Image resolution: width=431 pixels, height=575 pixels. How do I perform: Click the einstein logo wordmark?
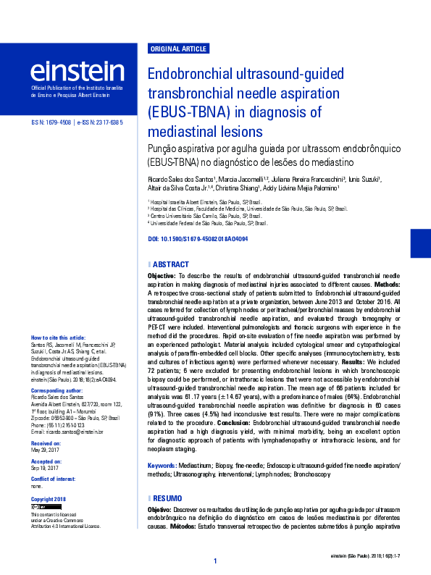(x=77, y=71)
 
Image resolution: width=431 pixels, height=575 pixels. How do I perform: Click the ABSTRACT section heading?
(x=171, y=265)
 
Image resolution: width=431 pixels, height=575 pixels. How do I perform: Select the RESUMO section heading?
(x=167, y=498)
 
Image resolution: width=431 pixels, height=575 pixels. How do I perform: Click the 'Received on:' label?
(x=46, y=442)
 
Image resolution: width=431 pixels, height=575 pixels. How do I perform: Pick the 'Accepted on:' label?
(x=47, y=461)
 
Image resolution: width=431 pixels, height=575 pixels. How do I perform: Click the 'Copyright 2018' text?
(x=48, y=500)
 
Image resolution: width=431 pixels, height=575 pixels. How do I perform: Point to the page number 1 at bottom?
(x=215, y=561)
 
